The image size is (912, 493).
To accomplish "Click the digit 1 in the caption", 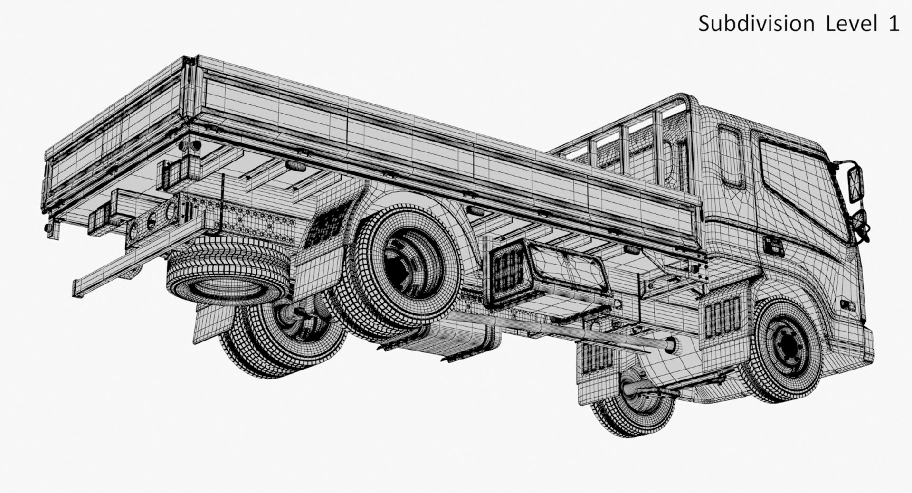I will tap(893, 24).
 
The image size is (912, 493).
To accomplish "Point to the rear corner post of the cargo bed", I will tap(190, 90).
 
